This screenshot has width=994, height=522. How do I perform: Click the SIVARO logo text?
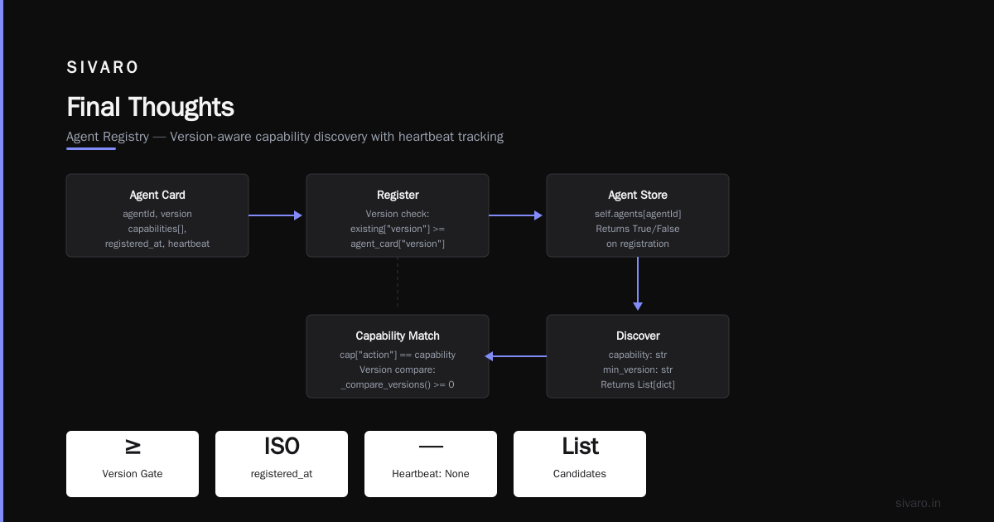[102, 67]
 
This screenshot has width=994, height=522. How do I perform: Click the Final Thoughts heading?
[150, 107]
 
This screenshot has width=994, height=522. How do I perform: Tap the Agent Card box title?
[157, 195]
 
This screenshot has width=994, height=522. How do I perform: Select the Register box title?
[398, 195]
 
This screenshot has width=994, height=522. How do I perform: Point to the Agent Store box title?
[638, 195]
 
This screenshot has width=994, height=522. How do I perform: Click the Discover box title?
[638, 336]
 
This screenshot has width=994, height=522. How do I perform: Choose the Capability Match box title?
[398, 336]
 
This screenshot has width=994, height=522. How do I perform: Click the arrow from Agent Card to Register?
[275, 215]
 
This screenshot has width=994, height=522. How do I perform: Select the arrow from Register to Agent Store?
[515, 215]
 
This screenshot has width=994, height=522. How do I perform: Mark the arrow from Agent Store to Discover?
[638, 283]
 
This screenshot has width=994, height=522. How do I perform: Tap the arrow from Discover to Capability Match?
[515, 356]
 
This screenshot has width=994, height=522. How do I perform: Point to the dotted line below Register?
[398, 283]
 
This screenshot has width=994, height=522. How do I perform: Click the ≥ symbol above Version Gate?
[133, 447]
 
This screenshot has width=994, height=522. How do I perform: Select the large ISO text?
[282, 446]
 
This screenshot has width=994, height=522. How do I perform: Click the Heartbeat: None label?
[431, 474]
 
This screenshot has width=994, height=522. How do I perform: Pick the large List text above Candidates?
[580, 446]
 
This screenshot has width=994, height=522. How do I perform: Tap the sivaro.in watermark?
[918, 503]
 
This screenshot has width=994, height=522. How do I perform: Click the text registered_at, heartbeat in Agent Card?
[157, 244]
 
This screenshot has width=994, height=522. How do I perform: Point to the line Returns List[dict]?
[638, 384]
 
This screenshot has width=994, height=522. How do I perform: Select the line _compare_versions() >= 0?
[398, 384]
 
